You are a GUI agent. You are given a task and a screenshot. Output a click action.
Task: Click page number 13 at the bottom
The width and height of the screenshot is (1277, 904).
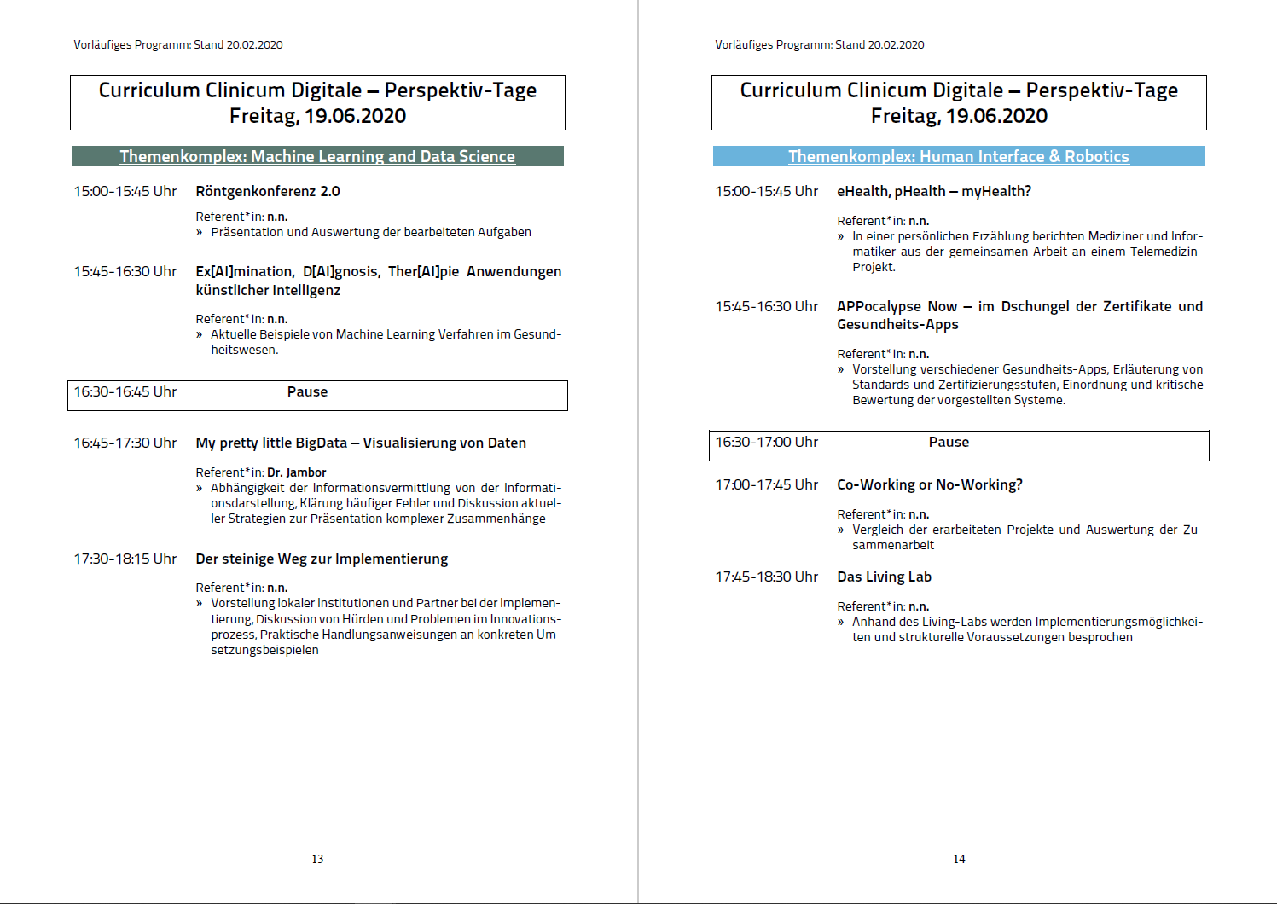pyautogui.click(x=317, y=859)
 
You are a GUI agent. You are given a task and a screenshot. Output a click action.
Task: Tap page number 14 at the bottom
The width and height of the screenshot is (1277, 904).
pyautogui.click(x=959, y=859)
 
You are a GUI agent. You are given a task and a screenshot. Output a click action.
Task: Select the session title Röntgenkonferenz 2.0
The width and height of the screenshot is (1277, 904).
pyautogui.click(x=268, y=191)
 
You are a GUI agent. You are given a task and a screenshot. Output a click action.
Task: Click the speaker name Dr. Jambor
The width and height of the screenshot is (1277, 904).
pyautogui.click(x=296, y=472)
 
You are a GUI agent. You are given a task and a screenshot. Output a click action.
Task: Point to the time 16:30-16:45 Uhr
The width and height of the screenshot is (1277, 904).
pyautogui.click(x=125, y=391)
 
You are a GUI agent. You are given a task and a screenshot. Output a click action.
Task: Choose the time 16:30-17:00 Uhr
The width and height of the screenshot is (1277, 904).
pyautogui.click(x=766, y=442)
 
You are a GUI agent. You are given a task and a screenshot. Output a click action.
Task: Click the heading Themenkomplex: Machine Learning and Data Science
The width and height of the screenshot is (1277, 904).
pyautogui.click(x=317, y=156)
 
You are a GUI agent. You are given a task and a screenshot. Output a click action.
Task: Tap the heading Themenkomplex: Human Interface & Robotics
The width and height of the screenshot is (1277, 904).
pyautogui.click(x=959, y=156)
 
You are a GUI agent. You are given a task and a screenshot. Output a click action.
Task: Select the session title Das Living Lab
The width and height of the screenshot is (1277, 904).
pyautogui.click(x=884, y=577)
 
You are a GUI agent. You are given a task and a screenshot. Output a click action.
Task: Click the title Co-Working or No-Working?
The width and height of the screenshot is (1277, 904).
pyautogui.click(x=929, y=484)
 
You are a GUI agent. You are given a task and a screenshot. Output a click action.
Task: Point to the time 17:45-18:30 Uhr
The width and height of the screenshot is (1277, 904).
pyautogui.click(x=766, y=577)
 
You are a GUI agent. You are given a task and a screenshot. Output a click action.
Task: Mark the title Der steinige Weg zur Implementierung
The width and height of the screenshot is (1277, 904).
pyautogui.click(x=322, y=559)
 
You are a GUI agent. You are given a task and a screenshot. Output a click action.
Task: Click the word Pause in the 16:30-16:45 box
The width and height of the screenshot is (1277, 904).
pyautogui.click(x=307, y=391)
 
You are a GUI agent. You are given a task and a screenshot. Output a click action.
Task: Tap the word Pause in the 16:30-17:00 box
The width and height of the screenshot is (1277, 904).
pyautogui.click(x=949, y=442)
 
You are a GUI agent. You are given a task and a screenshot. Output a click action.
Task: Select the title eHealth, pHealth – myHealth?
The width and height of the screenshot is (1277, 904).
pyautogui.click(x=934, y=191)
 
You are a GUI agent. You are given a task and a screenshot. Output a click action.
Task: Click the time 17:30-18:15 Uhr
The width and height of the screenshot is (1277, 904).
pyautogui.click(x=125, y=559)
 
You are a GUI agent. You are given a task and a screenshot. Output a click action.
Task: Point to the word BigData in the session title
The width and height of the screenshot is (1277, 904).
pyautogui.click(x=322, y=443)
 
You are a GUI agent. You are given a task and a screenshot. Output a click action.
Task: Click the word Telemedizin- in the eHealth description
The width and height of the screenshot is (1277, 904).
pyautogui.click(x=1166, y=252)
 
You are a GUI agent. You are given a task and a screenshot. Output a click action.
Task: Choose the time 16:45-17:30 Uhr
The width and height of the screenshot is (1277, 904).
pyautogui.click(x=125, y=443)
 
